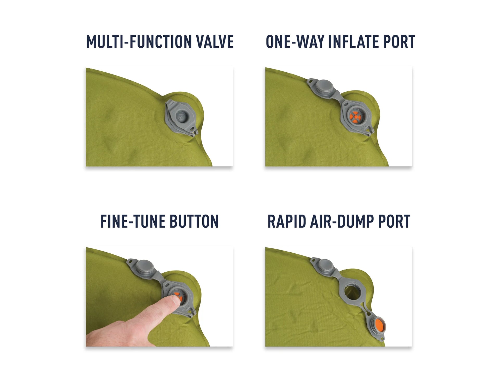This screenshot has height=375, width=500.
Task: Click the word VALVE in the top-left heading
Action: [215, 42]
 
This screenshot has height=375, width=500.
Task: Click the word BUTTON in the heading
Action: [194, 222]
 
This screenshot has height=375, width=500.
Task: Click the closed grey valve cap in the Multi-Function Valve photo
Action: [182, 117]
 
